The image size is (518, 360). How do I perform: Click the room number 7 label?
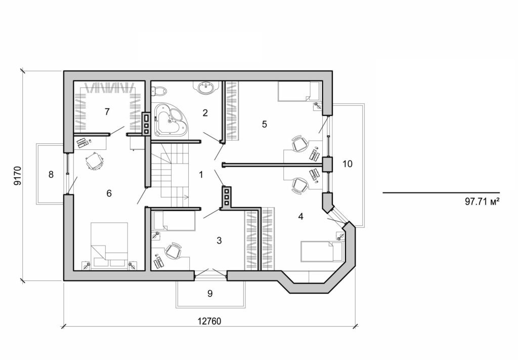point(107,112)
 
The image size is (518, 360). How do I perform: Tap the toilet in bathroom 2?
point(159,91)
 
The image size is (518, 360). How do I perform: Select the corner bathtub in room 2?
point(170,119)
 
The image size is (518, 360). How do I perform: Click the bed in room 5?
point(299,92)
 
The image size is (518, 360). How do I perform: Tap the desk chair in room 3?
point(173,250)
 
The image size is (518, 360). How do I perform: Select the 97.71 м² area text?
point(482,201)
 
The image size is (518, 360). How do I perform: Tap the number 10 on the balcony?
point(348,164)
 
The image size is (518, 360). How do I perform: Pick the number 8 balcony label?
point(51,175)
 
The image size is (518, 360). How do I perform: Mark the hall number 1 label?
point(201,175)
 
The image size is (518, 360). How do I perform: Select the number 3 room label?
point(219,240)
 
